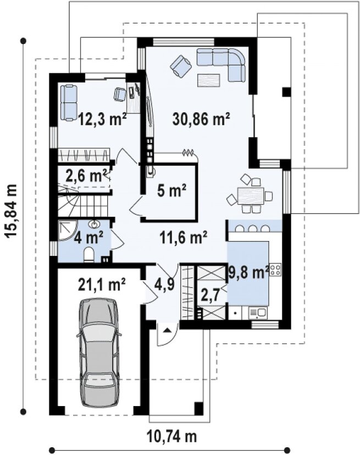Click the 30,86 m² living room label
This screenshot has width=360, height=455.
201,118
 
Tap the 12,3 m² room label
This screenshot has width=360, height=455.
102,118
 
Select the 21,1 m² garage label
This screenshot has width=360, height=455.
102,284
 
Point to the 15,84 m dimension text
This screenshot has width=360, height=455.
12,211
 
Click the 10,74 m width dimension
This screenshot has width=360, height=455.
172,436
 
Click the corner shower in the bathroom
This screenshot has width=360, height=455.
67,231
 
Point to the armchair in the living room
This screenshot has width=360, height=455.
181,67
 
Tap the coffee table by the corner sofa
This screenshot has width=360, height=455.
208,80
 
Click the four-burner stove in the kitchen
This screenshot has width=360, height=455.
275,269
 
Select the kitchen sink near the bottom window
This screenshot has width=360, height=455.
258,313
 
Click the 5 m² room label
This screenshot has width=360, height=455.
171,191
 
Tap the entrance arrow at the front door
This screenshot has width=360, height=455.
167,330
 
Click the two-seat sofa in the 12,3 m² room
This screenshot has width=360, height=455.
69,102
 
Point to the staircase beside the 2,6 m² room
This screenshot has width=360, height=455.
82,201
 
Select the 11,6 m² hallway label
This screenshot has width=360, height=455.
184,238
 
